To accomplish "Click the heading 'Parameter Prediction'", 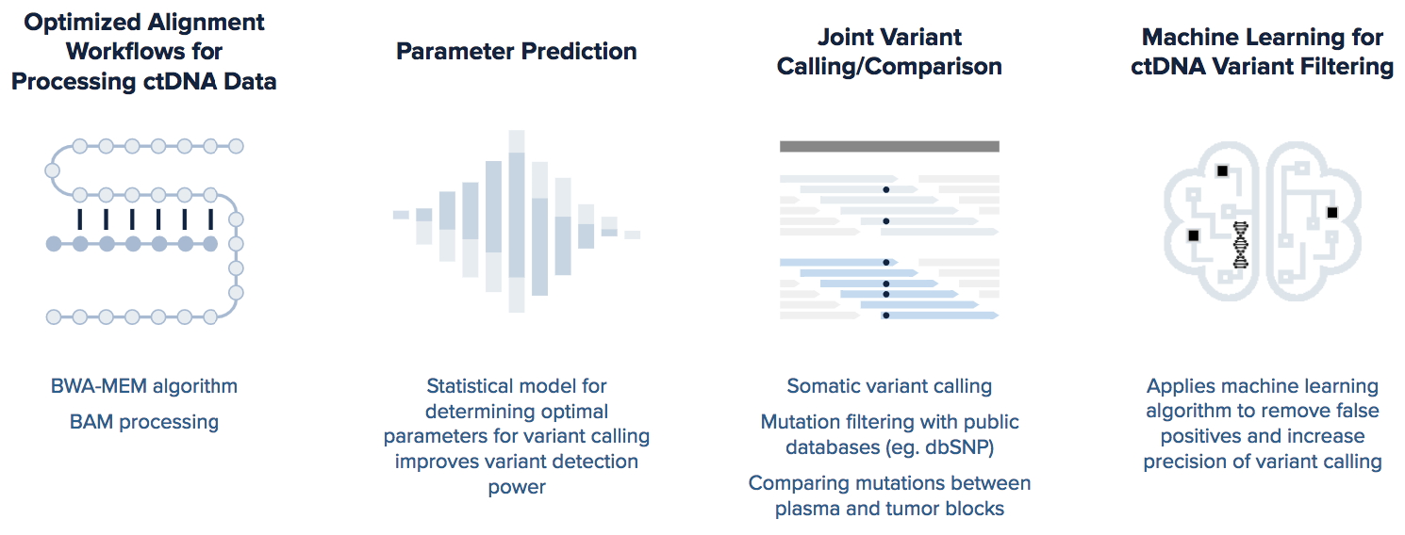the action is click(x=516, y=52).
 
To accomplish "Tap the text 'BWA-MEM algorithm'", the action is click(x=144, y=386).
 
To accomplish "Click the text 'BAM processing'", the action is click(x=144, y=422).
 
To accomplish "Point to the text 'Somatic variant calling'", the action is click(x=889, y=386).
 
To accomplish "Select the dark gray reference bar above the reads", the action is click(x=889, y=147).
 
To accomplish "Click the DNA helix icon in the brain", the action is click(x=1241, y=245).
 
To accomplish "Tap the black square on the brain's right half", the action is click(x=1332, y=213).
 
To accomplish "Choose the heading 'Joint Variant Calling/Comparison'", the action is click(x=889, y=52).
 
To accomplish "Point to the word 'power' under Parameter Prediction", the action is click(x=517, y=487).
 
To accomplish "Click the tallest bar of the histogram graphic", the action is click(x=516, y=221).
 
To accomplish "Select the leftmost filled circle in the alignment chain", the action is click(x=54, y=244).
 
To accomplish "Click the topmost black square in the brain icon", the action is click(x=1222, y=171).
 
